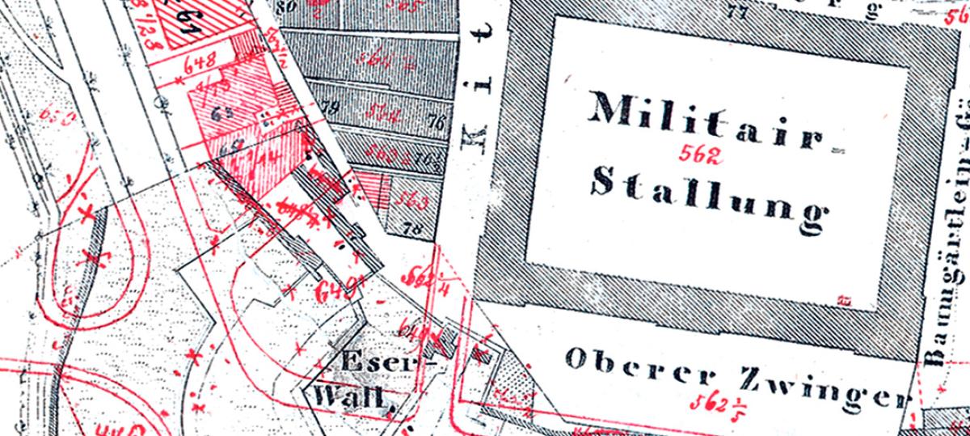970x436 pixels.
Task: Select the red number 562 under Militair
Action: point(702,156)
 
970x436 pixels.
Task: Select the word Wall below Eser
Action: point(352,398)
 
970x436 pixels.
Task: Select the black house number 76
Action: point(436,123)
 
